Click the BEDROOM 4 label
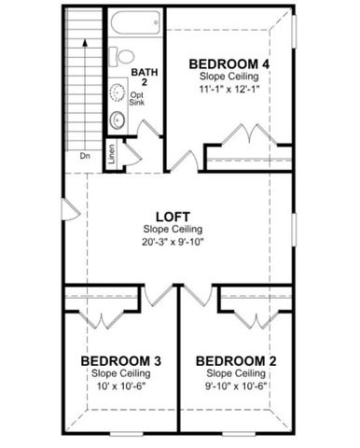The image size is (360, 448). (229, 63)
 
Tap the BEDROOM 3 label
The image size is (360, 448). (121, 360)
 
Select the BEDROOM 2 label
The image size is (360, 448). (236, 360)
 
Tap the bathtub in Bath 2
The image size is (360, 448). (135, 24)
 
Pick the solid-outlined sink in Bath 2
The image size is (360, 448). (118, 119)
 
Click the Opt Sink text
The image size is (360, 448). (137, 99)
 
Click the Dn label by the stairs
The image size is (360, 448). (85, 156)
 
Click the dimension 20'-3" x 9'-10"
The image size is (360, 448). (173, 242)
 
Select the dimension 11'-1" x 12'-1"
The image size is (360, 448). (229, 90)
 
